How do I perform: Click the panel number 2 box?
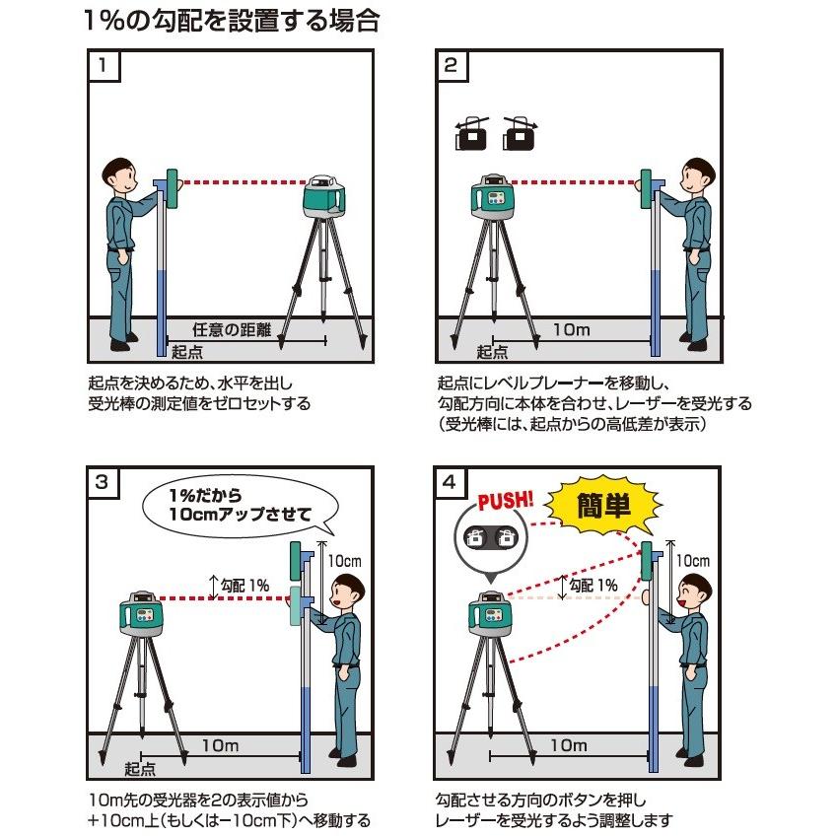click(x=451, y=66)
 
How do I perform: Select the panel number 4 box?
click(x=451, y=483)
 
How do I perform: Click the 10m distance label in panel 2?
click(x=571, y=330)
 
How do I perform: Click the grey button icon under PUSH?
click(x=490, y=538)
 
